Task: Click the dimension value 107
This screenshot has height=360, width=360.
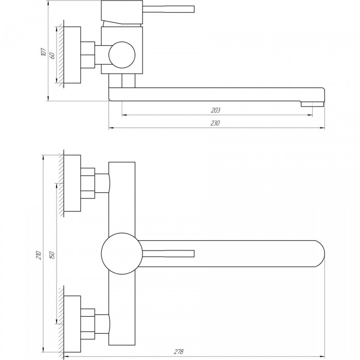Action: pyautogui.click(x=43, y=52)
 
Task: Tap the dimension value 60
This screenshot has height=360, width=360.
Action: pyautogui.click(x=52, y=56)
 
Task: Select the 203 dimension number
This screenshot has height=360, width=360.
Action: pyautogui.click(x=215, y=111)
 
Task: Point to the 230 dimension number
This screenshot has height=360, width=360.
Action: pyautogui.click(x=215, y=123)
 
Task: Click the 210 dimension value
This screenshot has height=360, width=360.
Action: pyautogui.click(x=39, y=255)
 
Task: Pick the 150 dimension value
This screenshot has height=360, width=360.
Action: pyautogui.click(x=52, y=255)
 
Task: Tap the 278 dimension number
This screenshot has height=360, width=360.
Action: pyautogui.click(x=178, y=352)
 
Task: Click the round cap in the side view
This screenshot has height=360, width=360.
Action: pyautogui.click(x=122, y=55)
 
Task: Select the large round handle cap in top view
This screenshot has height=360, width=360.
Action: pyautogui.click(x=122, y=254)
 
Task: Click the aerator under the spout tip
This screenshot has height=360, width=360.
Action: pyautogui.click(x=313, y=104)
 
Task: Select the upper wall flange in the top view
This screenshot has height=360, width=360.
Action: pyautogui.click(x=73, y=183)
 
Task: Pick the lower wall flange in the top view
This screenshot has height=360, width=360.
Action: pyautogui.click(x=73, y=324)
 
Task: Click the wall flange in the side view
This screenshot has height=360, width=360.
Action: pyautogui.click(x=73, y=55)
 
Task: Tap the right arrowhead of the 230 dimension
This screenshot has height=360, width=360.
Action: pyautogui.click(x=322, y=128)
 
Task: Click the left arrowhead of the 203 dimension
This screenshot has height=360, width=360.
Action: pyautogui.click(x=124, y=115)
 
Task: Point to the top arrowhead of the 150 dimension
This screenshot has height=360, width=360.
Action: pyautogui.click(x=57, y=186)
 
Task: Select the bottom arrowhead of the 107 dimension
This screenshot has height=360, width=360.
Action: pyautogui.click(x=48, y=98)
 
